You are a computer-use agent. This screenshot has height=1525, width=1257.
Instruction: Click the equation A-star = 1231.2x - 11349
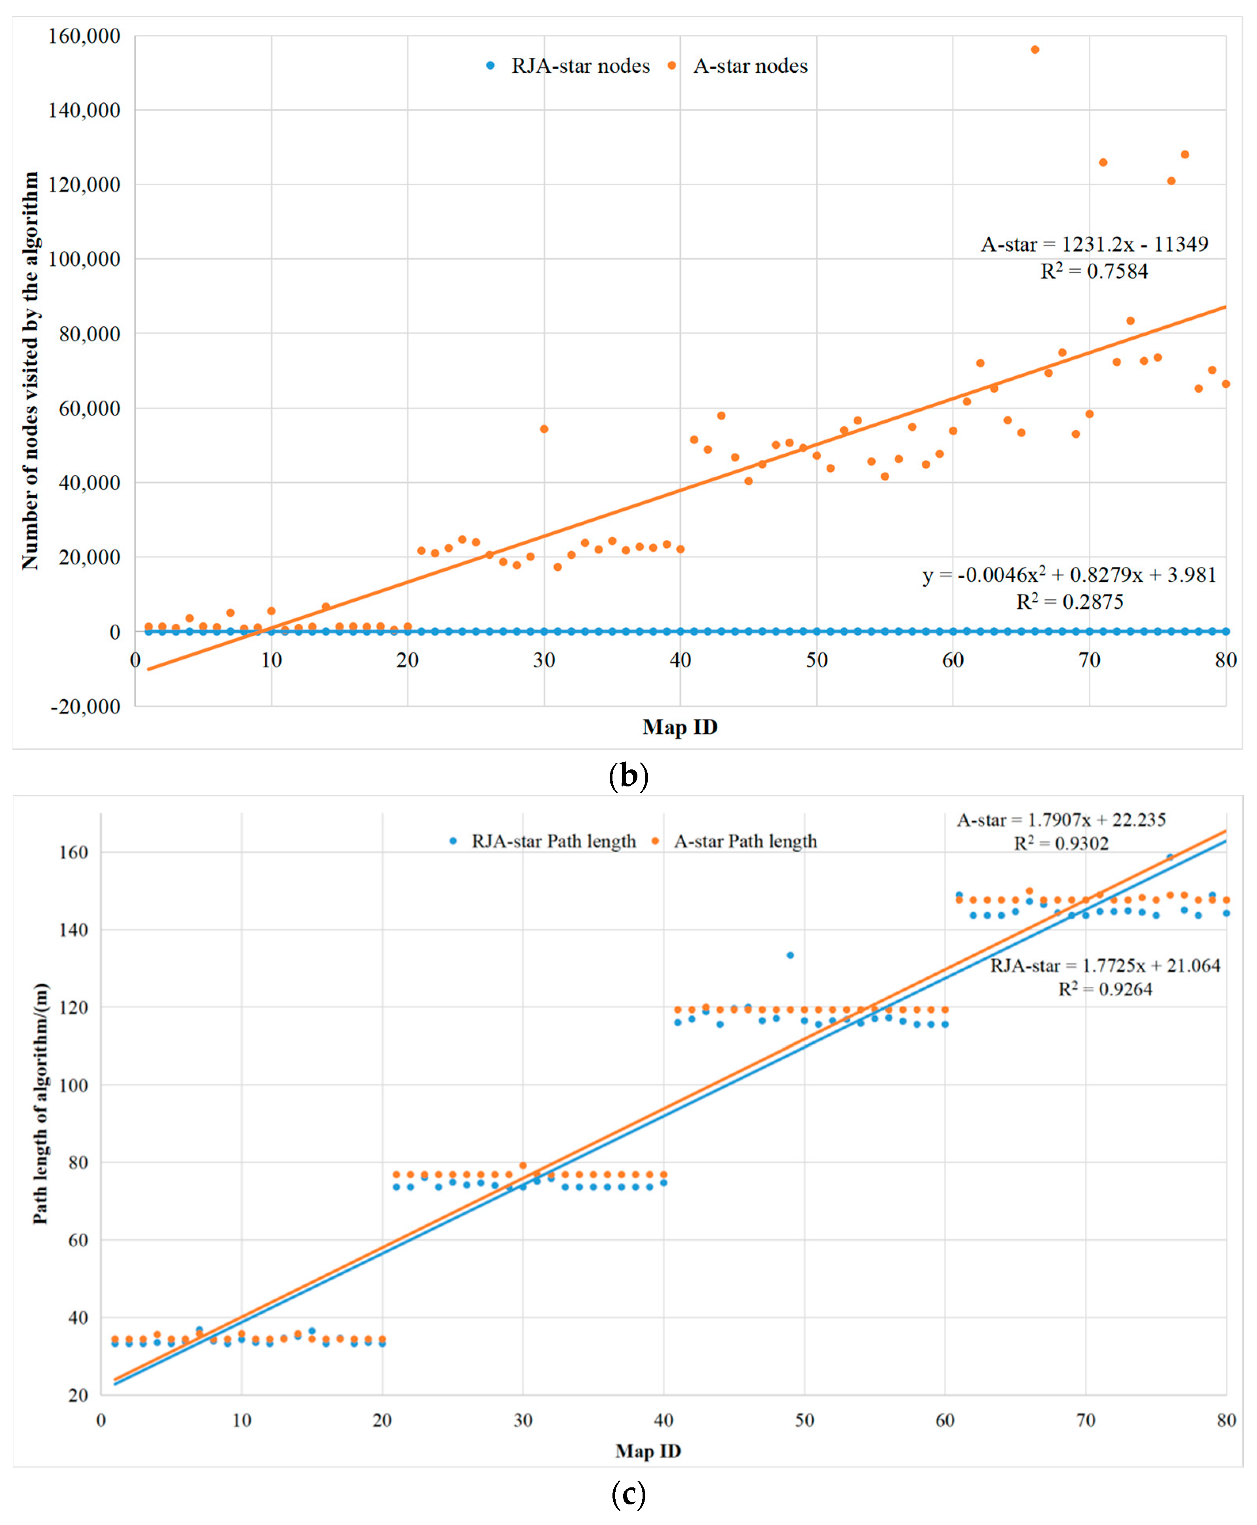coord(1094,245)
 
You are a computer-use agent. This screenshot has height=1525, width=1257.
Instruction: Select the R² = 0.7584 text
coord(1094,272)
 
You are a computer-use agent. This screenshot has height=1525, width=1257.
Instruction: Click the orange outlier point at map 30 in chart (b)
coord(544,429)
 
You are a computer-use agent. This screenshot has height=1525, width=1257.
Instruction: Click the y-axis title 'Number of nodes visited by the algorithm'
coord(30,370)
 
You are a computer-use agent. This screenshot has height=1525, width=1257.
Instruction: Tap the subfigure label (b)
coord(628,776)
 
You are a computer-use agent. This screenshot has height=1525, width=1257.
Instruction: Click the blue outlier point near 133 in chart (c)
coord(790,955)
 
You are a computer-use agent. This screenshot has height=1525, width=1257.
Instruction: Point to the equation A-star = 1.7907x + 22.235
coord(1061,820)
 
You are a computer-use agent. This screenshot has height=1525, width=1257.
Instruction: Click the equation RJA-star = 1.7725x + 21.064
coord(1105,965)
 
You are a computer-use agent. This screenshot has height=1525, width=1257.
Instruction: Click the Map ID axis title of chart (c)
coord(648,1451)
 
